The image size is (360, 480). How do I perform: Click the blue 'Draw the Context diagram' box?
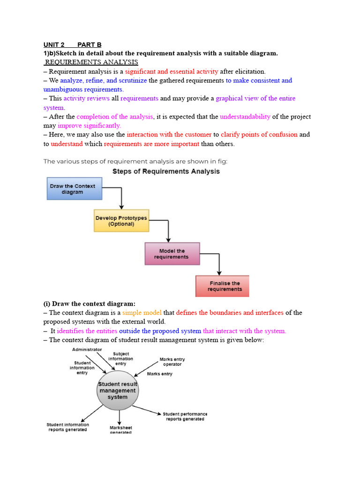tap(72, 189)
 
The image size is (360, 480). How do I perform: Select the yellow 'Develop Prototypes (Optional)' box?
tap(121, 221)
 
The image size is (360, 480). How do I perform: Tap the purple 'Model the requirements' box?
tap(172, 254)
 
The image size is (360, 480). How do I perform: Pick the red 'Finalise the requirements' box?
tap(222, 286)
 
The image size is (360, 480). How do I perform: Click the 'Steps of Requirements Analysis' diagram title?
tap(166, 172)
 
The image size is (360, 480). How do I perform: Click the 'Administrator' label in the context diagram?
tap(87, 350)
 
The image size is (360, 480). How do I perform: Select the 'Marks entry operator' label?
tap(172, 362)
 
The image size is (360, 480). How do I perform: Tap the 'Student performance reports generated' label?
tap(185, 416)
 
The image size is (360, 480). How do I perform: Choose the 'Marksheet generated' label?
tap(120, 430)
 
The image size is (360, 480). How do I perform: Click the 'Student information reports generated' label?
tap(67, 427)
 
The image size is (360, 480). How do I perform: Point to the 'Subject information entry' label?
tap(120, 359)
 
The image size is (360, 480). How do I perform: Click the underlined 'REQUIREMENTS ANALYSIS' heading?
tap(91, 62)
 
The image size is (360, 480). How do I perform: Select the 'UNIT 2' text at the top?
tap(54, 45)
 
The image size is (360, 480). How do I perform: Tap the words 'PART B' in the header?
tap(89, 45)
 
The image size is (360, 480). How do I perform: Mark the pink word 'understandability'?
tap(245, 117)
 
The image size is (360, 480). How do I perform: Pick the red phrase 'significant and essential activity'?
tap(171, 72)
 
